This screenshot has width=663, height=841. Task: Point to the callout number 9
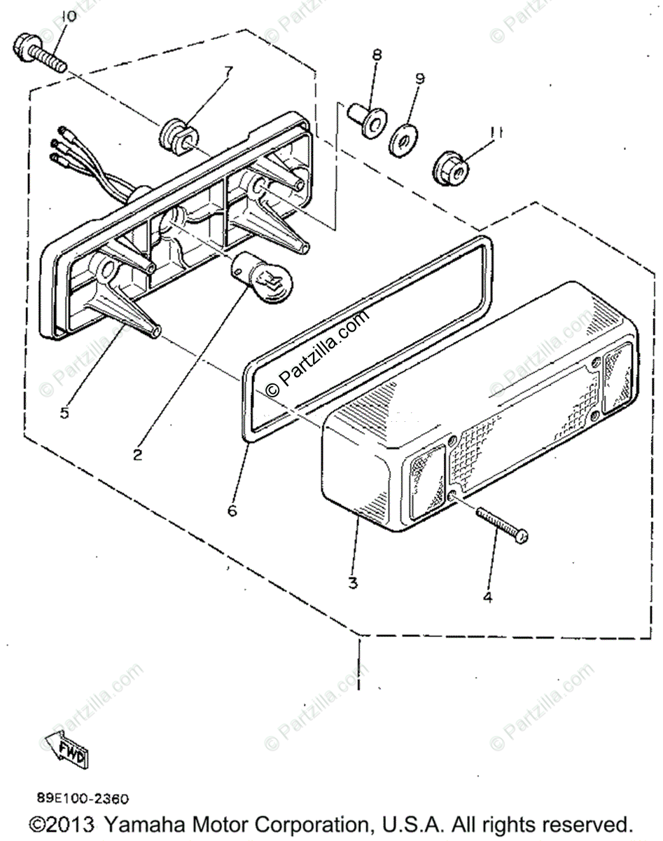(x=419, y=78)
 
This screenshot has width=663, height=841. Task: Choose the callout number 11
(x=496, y=130)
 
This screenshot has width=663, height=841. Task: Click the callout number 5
(x=64, y=413)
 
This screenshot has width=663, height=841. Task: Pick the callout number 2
(x=137, y=455)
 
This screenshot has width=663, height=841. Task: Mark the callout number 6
(x=232, y=511)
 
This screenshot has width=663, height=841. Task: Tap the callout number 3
(x=353, y=582)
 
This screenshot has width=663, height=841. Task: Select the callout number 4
(x=487, y=597)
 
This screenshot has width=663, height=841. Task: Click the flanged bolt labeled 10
(x=39, y=53)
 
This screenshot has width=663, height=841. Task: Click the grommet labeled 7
(x=179, y=137)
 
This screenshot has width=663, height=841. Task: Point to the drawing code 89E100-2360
(x=83, y=798)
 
